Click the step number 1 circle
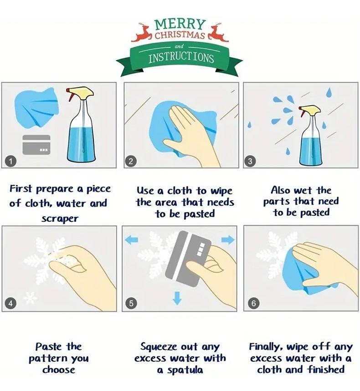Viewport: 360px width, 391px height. pos(10,161)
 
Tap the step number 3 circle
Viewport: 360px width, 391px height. pos(250,161)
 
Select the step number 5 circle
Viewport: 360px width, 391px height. pos(131,303)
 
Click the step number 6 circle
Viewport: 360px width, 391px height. pos(254,303)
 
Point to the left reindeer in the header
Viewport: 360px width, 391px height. pos(142,32)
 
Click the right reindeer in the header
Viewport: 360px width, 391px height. pos(218,32)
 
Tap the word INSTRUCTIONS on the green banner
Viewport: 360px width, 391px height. pos(181,58)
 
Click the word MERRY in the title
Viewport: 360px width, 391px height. pos(180,25)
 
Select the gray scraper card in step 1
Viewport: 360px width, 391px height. pos(36,145)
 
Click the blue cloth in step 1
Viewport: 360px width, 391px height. pos(36,108)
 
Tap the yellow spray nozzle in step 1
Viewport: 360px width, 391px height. pos(80,93)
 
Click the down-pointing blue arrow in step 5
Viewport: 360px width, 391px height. pos(177,298)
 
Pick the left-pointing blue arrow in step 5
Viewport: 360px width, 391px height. pos(131,240)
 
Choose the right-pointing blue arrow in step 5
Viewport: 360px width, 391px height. pos(228,240)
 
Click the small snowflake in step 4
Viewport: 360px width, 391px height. pos(30,299)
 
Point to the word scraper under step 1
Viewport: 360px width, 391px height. pos(60,218)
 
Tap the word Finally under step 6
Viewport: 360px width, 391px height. pos(266,347)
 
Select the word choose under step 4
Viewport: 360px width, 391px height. pos(59,370)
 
